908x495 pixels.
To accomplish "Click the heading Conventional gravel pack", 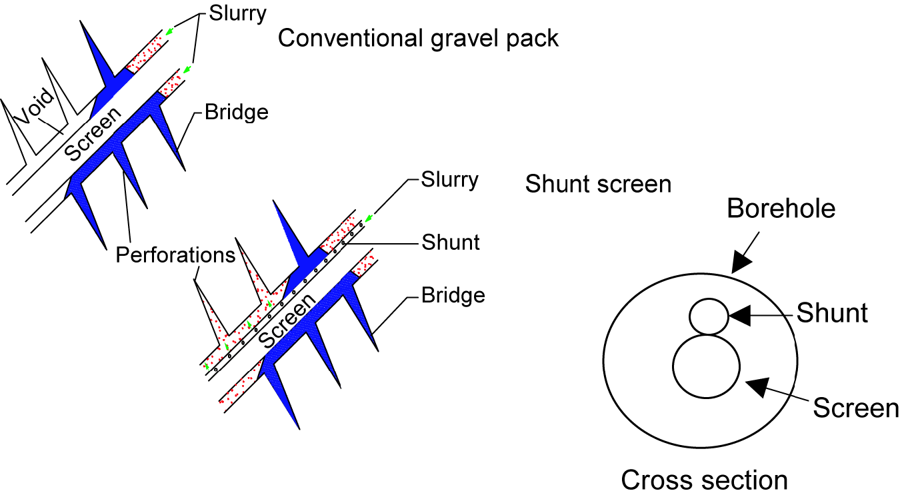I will click(x=418, y=38).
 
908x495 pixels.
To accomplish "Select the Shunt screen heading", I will click(x=598, y=183).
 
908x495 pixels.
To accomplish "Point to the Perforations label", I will click(x=175, y=255).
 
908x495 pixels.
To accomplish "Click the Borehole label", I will click(x=781, y=209).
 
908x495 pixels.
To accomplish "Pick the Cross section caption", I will click(x=704, y=480).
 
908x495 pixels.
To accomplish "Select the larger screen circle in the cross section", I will click(x=706, y=366).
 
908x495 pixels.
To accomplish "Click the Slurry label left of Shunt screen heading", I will click(x=450, y=180).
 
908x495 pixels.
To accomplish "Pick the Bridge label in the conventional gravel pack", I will click(x=236, y=112).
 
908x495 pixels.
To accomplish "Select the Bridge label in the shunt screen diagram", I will click(x=453, y=294).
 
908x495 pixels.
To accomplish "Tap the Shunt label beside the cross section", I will click(x=832, y=312).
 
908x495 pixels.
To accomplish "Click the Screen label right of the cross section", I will click(x=856, y=408).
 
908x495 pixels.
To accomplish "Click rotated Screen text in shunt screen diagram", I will click(x=286, y=318).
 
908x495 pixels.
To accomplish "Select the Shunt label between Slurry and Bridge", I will click(x=451, y=242).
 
